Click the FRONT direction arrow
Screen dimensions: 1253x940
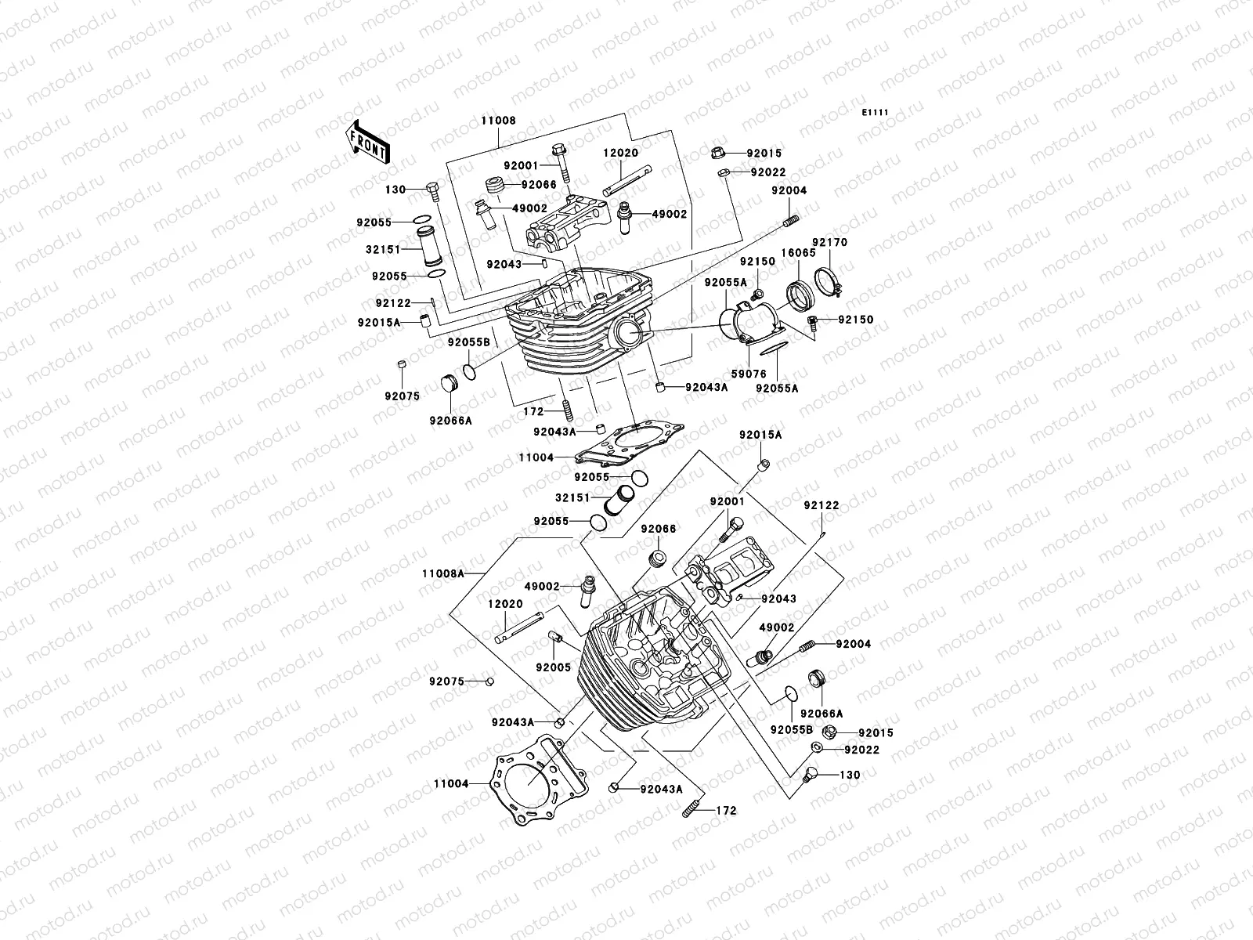367,142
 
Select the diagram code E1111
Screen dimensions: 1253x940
875,113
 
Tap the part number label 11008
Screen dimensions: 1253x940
498,121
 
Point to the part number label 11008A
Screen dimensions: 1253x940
443,573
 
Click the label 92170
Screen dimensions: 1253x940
830,243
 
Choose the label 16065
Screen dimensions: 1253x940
799,253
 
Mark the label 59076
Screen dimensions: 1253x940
749,374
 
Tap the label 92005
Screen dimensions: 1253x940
553,667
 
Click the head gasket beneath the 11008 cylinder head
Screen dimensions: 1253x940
629,443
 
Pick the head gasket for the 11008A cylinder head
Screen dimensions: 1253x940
540,780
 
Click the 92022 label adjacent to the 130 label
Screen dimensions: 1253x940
862,750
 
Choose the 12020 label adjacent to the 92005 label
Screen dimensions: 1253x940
505,604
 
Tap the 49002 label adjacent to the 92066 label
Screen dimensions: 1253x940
529,208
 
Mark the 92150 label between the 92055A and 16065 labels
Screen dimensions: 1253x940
757,262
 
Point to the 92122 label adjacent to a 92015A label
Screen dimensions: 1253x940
393,304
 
